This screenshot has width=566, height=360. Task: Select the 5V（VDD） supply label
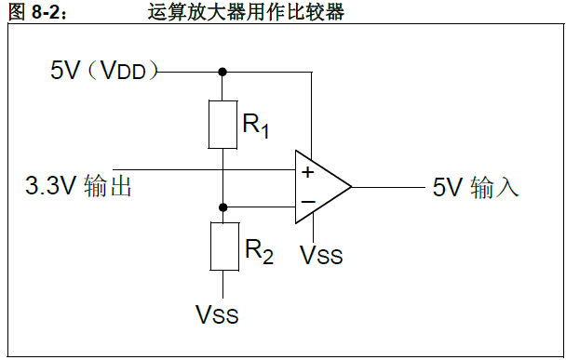tap(104, 70)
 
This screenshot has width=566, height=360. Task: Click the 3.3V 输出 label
tap(78, 187)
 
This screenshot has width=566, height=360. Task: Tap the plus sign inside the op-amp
tap(307, 172)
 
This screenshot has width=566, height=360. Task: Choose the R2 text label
tap(259, 250)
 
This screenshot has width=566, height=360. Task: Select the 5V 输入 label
tap(475, 187)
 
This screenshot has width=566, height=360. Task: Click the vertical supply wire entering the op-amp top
tap(314, 112)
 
